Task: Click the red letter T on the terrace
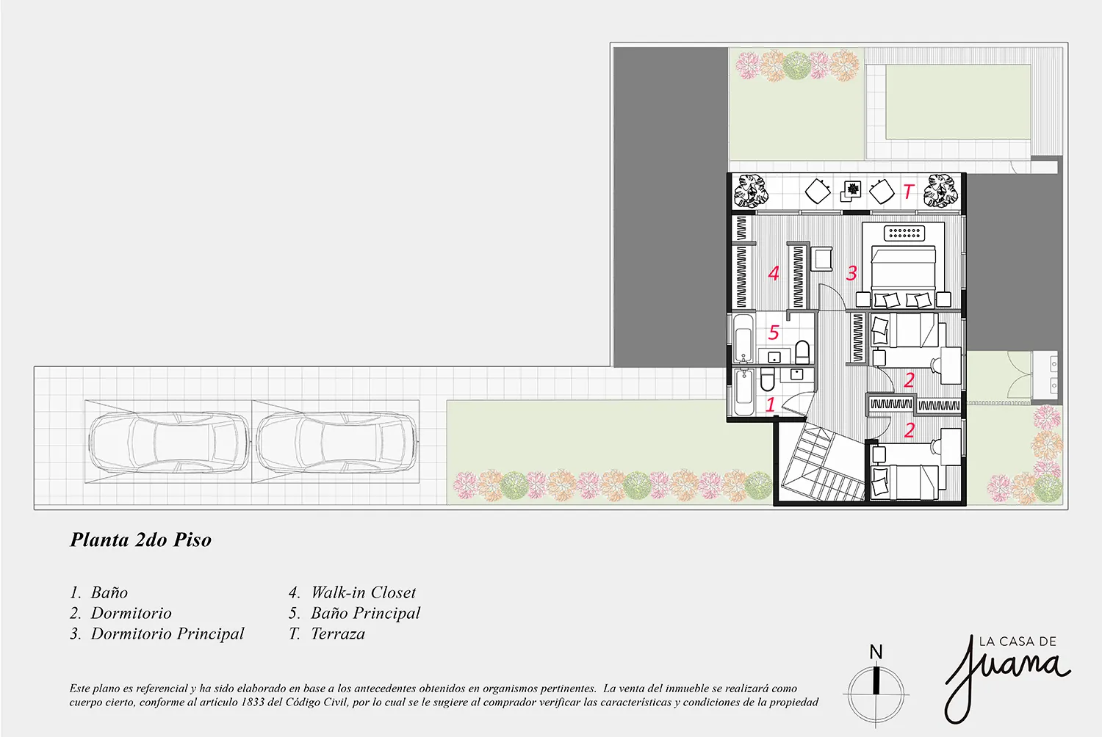tap(908, 192)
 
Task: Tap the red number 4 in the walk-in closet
tap(774, 273)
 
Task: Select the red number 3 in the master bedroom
tap(851, 273)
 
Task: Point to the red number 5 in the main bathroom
tap(774, 333)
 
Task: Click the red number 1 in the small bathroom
tap(771, 404)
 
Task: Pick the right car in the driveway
tap(336, 442)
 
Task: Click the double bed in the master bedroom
tap(903, 276)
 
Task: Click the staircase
tap(821, 465)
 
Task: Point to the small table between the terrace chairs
tap(851, 191)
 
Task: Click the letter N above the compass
tap(876, 653)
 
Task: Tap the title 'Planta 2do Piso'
tap(141, 540)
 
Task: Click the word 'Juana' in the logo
tap(1006, 676)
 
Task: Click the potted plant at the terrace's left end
tap(748, 191)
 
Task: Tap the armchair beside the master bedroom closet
tap(821, 258)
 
